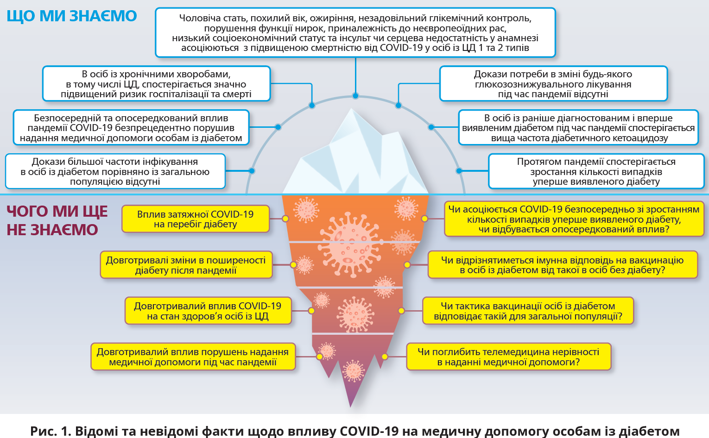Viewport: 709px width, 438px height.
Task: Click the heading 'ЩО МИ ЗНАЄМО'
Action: (x=72, y=16)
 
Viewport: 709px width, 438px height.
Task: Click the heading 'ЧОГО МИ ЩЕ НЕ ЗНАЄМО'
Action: (x=57, y=220)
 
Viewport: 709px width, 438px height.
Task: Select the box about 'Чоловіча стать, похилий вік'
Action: (x=355, y=33)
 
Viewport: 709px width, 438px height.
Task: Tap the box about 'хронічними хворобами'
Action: (x=156, y=84)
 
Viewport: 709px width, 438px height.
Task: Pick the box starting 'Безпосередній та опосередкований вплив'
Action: (x=131, y=128)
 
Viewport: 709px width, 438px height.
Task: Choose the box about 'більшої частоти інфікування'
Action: (x=115, y=171)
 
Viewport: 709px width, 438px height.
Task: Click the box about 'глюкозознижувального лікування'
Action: (x=553, y=84)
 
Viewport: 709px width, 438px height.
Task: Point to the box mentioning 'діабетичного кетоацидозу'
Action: (x=578, y=128)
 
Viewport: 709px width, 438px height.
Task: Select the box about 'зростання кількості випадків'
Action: (x=596, y=171)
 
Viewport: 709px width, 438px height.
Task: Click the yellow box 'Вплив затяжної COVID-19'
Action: (x=195, y=219)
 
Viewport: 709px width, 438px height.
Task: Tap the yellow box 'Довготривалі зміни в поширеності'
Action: (x=186, y=265)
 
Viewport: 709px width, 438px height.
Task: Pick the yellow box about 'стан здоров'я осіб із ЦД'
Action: (x=208, y=311)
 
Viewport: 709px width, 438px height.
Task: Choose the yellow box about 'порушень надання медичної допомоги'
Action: (x=193, y=357)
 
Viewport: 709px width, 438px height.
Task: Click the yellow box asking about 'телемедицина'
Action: (x=508, y=357)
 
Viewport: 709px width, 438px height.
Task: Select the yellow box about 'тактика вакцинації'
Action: (x=528, y=311)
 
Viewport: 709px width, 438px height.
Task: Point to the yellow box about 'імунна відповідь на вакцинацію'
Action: (x=562, y=265)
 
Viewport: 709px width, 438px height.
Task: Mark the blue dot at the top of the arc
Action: (x=355, y=96)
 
